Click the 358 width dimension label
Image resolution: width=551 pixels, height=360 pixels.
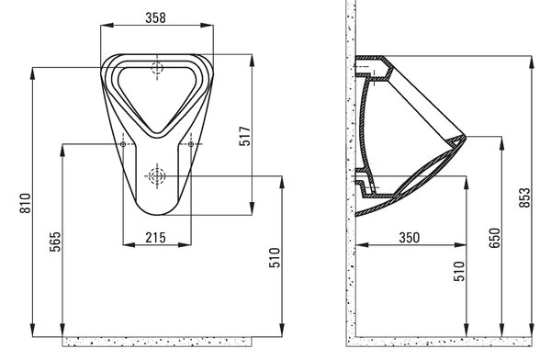[x=155, y=17]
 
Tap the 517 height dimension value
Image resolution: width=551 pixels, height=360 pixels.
[x=245, y=136]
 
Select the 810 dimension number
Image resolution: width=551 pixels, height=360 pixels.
[x=26, y=203]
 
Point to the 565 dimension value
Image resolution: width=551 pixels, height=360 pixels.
[x=55, y=242]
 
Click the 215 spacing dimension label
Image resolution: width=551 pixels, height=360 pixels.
[x=155, y=238]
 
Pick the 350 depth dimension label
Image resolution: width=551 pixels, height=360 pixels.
[x=409, y=238]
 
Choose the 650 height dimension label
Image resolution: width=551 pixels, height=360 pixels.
[x=494, y=238]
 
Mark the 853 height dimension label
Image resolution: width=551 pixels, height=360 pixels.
[x=524, y=197]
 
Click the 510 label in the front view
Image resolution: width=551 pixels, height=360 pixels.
[x=275, y=258]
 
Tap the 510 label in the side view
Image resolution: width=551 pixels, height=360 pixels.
[x=459, y=271]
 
